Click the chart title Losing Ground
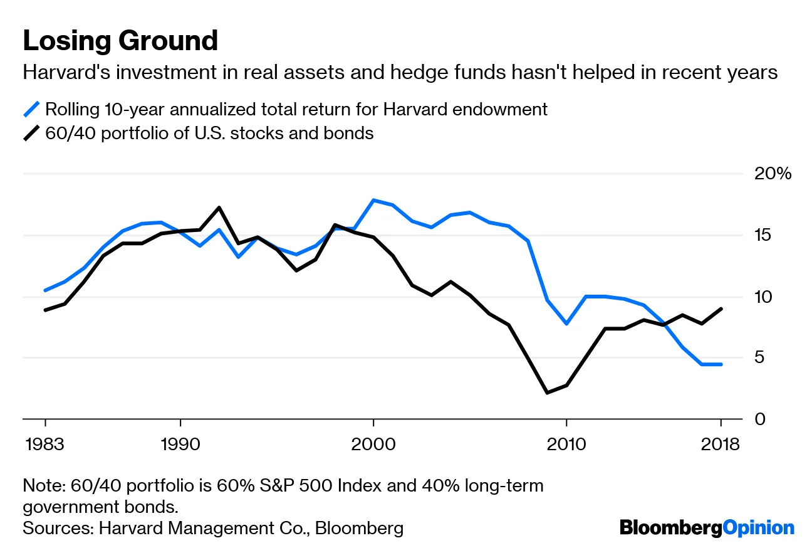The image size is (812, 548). click(x=120, y=41)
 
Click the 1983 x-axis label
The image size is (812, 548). click(x=45, y=445)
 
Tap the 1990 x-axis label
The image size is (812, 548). click(x=180, y=445)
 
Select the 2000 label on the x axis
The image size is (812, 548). click(x=373, y=445)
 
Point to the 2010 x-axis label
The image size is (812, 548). click(x=566, y=445)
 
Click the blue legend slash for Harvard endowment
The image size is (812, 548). click(x=31, y=109)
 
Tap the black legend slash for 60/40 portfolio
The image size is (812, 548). click(x=31, y=134)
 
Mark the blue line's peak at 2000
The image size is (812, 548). click(x=373, y=200)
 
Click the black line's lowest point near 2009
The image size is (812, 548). click(x=547, y=393)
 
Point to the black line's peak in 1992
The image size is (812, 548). click(x=219, y=208)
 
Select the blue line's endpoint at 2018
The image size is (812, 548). click(x=721, y=364)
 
